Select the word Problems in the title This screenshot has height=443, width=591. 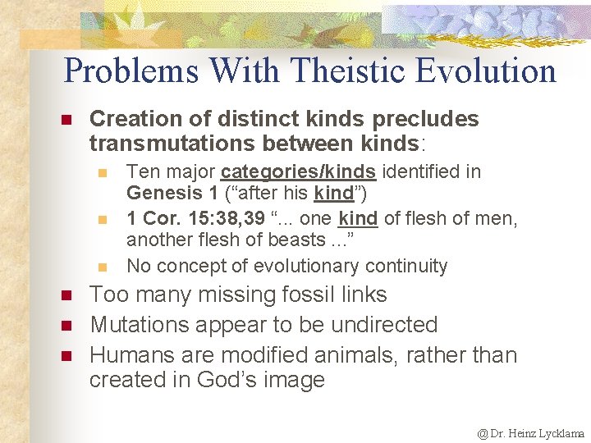click(131, 71)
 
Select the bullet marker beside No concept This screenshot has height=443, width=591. click(103, 267)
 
